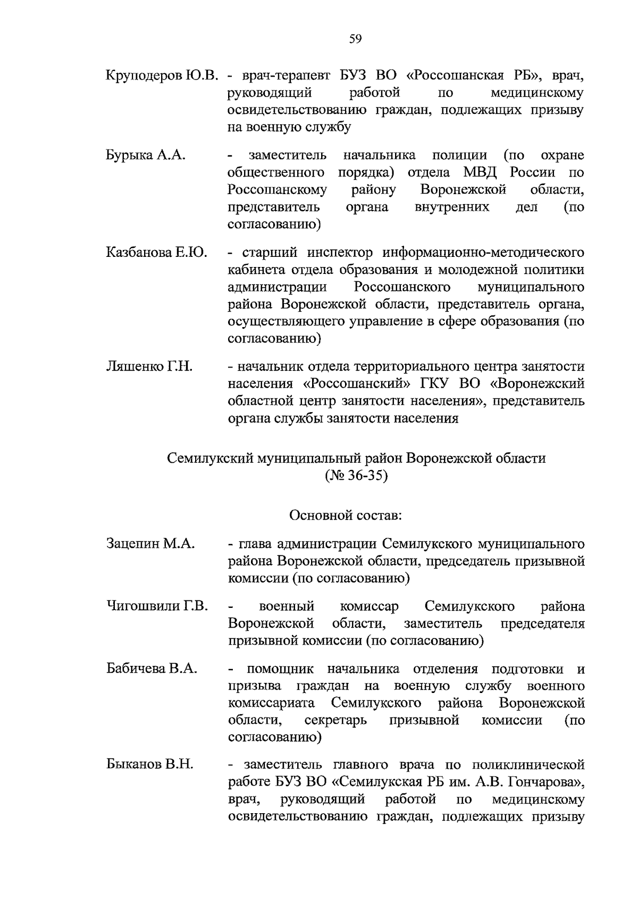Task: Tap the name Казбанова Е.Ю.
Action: click(x=156, y=252)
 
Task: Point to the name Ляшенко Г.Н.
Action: click(x=149, y=366)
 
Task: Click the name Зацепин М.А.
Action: click(x=150, y=544)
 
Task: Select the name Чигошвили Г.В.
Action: click(x=157, y=606)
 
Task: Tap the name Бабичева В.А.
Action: click(x=152, y=669)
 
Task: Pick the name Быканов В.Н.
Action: click(x=149, y=765)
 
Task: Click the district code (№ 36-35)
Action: click(x=356, y=475)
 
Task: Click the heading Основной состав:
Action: click(x=346, y=515)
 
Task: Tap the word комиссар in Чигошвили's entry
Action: click(x=369, y=606)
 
